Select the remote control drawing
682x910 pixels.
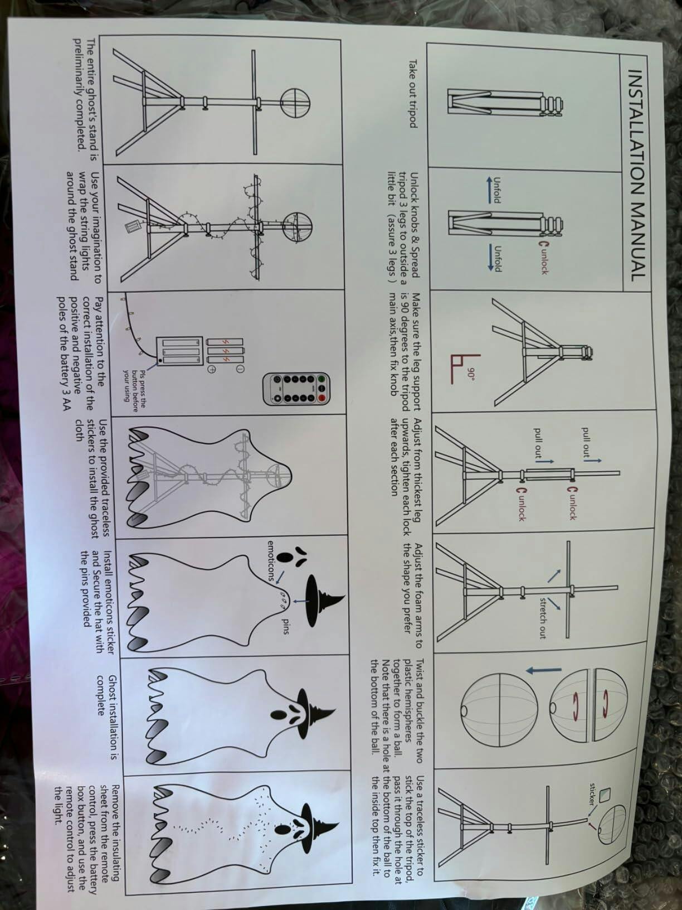298,389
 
